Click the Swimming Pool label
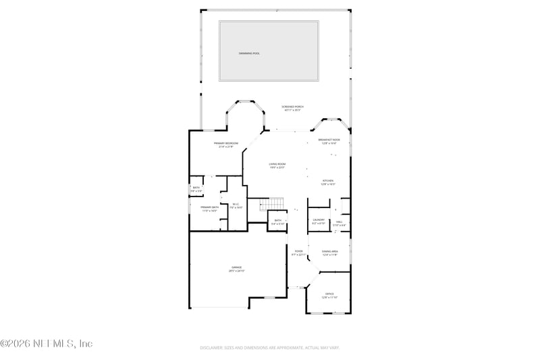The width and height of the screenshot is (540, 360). coord(249,53)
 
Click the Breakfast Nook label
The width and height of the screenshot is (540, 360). coord(329,141)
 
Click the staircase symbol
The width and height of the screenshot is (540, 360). coord(272,204)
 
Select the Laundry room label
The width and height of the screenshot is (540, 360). coord(319,221)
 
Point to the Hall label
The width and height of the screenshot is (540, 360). coord(340,222)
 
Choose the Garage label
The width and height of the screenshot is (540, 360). coord(236,269)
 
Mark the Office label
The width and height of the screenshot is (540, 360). coord(329,295)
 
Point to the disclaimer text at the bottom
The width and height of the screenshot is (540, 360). coord(269,348)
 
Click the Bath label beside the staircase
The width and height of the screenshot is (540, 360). coord(277,222)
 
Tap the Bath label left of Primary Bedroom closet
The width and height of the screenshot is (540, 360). coord(196,189)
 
